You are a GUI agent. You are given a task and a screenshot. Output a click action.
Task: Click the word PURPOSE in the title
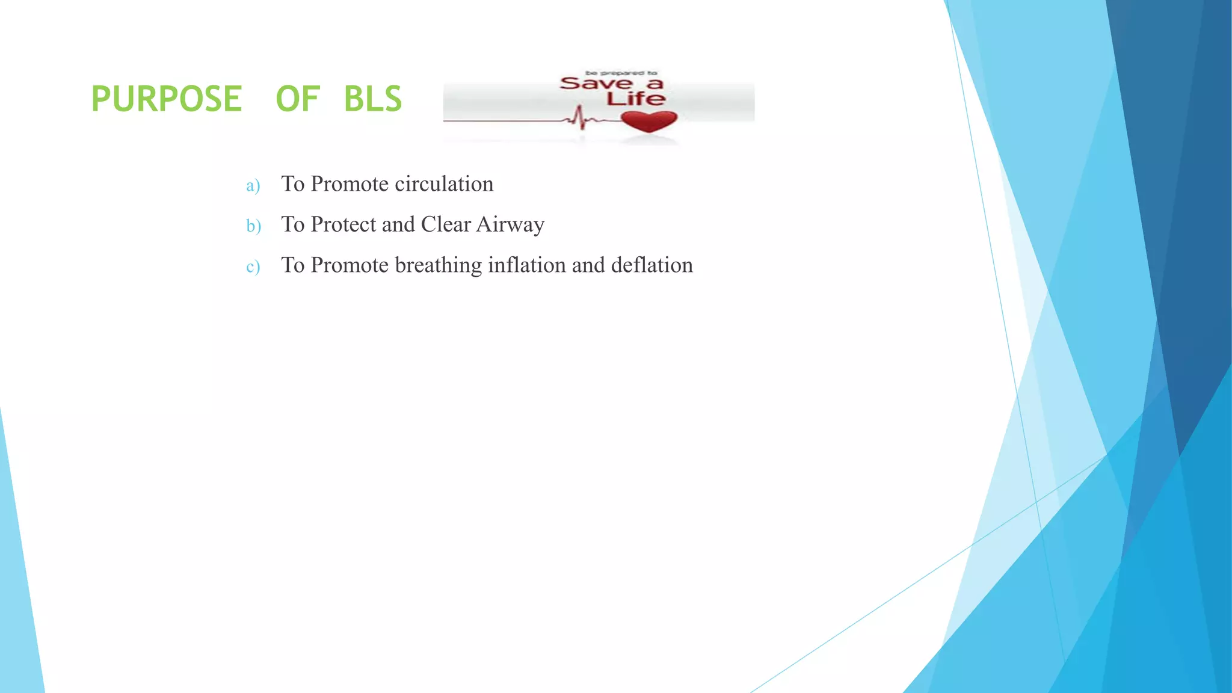click(x=167, y=99)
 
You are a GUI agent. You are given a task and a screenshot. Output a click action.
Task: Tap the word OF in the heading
click(x=297, y=99)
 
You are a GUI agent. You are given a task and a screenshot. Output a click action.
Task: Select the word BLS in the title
click(x=372, y=99)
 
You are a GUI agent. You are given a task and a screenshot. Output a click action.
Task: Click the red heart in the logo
click(x=649, y=121)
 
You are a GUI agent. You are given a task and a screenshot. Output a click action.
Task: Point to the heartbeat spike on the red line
click(x=580, y=117)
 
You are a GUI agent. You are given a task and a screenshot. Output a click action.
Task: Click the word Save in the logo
click(x=596, y=83)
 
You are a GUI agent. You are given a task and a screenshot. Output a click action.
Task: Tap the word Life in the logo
click(x=636, y=99)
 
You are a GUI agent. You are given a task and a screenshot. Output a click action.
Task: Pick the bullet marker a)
click(x=253, y=185)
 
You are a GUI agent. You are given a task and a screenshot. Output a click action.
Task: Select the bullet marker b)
click(x=253, y=226)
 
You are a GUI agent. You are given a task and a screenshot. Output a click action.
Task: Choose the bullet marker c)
click(x=253, y=266)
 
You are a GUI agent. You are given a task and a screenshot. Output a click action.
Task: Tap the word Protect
click(x=343, y=224)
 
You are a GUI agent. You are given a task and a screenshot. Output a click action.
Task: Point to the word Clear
click(x=446, y=224)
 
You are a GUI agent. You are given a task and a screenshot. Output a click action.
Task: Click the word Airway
click(x=511, y=224)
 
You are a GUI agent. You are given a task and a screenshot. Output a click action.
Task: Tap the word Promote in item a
click(x=350, y=184)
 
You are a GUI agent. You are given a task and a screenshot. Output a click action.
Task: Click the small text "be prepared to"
click(x=621, y=73)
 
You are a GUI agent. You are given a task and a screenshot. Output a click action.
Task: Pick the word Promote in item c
click(x=350, y=265)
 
